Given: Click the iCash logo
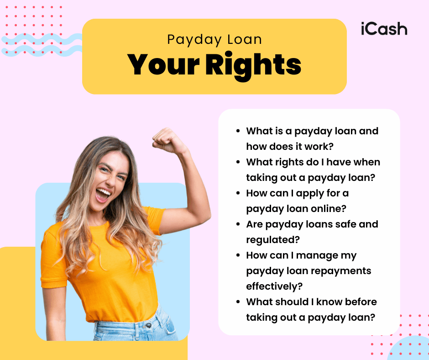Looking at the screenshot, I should [x=383, y=29].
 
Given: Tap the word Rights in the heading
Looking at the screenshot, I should [x=253, y=64].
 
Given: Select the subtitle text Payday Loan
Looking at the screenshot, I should [x=214, y=40].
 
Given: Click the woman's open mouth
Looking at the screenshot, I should [x=103, y=194].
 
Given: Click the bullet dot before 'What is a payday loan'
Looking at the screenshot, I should [x=238, y=132].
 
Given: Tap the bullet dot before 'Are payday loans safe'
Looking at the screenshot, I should [x=238, y=225].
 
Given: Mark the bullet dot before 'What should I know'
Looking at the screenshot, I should [x=238, y=302].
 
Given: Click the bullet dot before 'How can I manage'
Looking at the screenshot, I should [x=238, y=256].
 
